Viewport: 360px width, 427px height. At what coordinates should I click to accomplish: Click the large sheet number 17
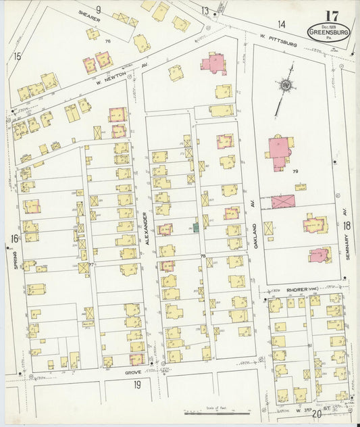(x=332, y=16)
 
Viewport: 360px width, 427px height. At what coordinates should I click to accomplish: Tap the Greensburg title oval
(x=328, y=31)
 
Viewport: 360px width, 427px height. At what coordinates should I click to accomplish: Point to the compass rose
(x=286, y=86)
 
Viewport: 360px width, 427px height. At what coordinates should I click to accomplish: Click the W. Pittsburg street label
(x=279, y=40)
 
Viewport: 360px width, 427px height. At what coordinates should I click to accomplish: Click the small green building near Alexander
(x=196, y=228)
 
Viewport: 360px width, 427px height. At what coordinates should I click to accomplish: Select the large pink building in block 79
(x=280, y=151)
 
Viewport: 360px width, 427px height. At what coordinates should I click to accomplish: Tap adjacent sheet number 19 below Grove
(x=136, y=385)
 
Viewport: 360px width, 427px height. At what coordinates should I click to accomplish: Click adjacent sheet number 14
(x=281, y=24)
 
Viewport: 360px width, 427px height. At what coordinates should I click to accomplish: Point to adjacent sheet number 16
(x=14, y=238)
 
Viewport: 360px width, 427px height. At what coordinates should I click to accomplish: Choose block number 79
(x=295, y=172)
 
